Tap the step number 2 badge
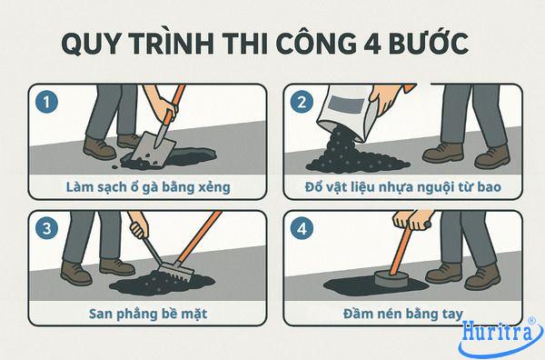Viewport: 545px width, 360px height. coord(298,103)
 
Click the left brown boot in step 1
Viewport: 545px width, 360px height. coord(97,147)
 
